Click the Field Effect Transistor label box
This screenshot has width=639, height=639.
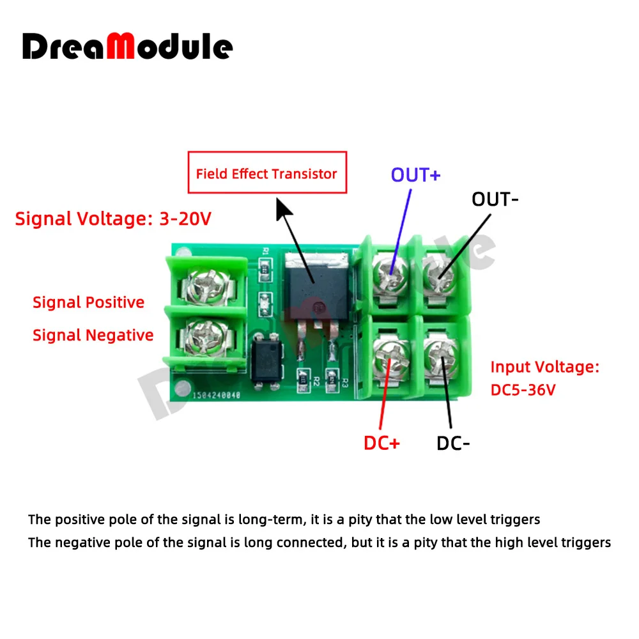(266, 173)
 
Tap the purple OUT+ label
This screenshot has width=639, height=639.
(415, 175)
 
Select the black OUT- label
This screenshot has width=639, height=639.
(495, 199)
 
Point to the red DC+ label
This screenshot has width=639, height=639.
(381, 443)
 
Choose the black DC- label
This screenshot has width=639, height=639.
(453, 443)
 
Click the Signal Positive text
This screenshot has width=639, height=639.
(88, 302)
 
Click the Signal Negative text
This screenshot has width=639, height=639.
(93, 335)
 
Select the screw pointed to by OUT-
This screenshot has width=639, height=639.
(440, 275)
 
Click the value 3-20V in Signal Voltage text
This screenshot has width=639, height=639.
(183, 219)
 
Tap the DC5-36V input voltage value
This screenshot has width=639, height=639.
(523, 389)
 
